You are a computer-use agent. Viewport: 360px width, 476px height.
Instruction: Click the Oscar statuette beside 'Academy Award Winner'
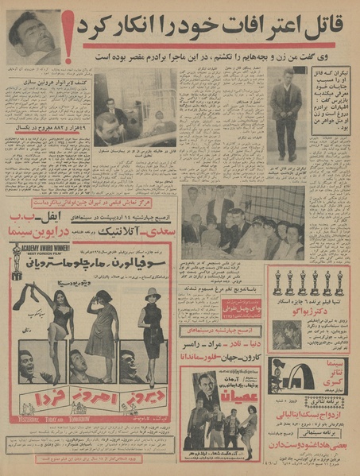coord(17,264)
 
